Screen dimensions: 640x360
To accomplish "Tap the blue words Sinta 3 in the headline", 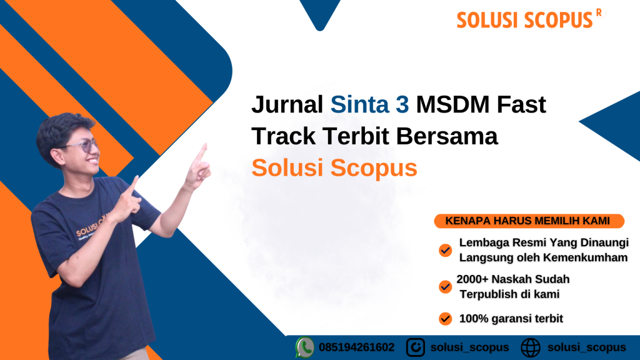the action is pos(369,104).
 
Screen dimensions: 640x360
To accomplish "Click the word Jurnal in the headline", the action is pos(287,104).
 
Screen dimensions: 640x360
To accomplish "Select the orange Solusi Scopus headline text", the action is pos(334,167).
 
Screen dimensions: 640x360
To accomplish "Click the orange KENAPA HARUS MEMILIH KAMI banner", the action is pos(529,221).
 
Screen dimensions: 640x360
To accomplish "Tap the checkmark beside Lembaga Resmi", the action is pos(445,250).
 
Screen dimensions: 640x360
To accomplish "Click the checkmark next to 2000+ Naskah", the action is pos(445,287).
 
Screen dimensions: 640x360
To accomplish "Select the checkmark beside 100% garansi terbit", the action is pos(445,318).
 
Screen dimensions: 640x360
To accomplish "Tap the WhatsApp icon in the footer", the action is pos(304,347).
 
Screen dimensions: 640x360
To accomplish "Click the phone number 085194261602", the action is pos(357,347).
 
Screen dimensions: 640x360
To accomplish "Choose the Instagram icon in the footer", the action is pos(416,347).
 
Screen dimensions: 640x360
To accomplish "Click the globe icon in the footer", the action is pos(531,347).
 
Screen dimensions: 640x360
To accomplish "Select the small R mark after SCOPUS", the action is pos(599,12).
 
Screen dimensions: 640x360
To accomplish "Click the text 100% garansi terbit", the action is pos(511,319).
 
